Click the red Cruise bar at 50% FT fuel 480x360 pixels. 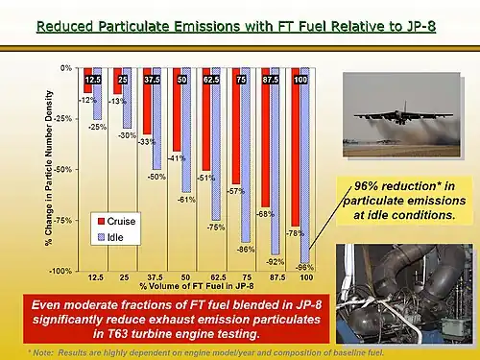click(x=177, y=109)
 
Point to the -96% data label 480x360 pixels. click(x=305, y=266)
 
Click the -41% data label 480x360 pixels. click(x=176, y=157)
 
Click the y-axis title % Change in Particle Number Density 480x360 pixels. click(x=48, y=169)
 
